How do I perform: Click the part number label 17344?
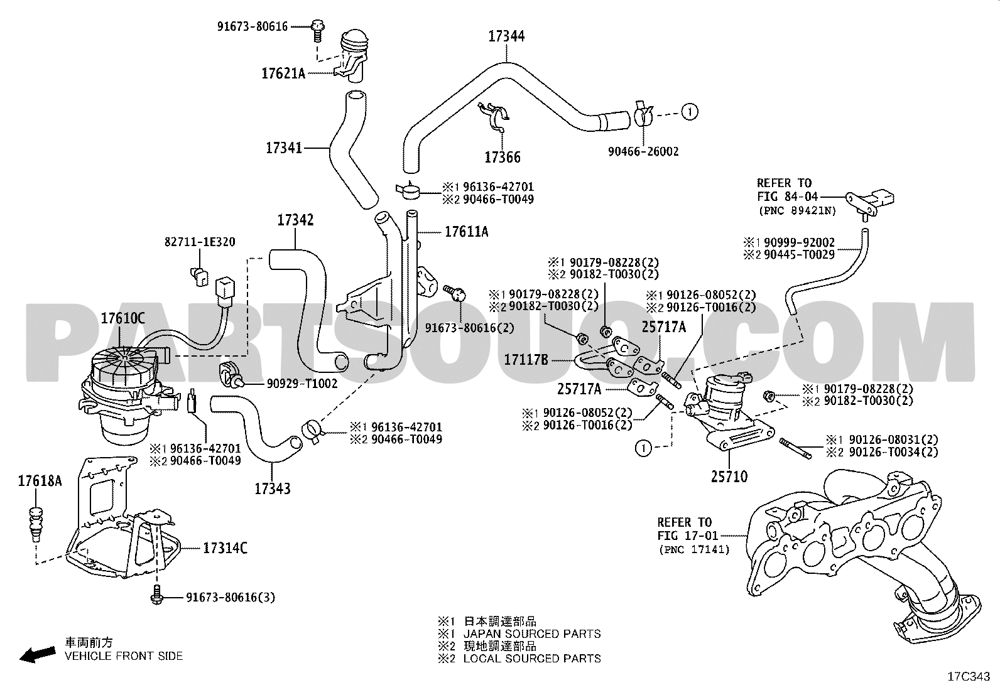506,36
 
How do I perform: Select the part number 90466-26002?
643,152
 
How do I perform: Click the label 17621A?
283,73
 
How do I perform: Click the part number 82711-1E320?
200,242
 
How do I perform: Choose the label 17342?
295,220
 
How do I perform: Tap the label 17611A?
467,232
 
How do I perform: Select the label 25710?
729,477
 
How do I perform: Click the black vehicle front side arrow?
38,654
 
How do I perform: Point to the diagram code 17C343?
969,677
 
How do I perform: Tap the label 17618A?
40,481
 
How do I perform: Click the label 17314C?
225,548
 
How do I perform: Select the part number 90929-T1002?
302,384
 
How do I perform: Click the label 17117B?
526,360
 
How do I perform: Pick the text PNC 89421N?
797,210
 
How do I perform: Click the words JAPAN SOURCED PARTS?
532,633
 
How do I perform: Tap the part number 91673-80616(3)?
231,597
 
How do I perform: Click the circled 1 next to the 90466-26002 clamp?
690,112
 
